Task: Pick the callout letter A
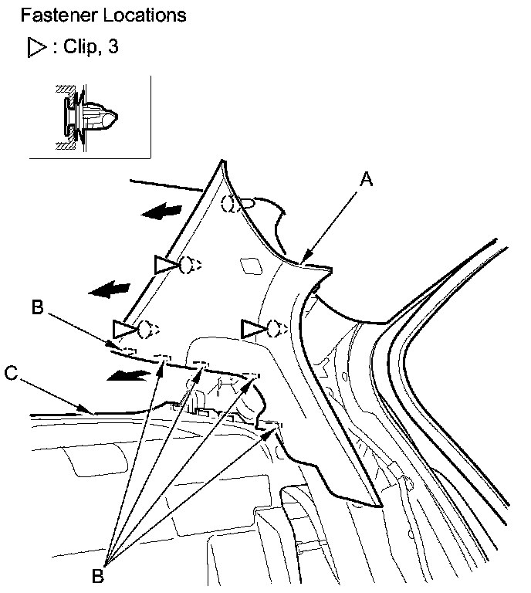point(367,180)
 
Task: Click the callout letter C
point(11,372)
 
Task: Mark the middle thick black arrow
point(109,289)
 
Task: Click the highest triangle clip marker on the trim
point(166,266)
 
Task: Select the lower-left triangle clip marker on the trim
point(123,330)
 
